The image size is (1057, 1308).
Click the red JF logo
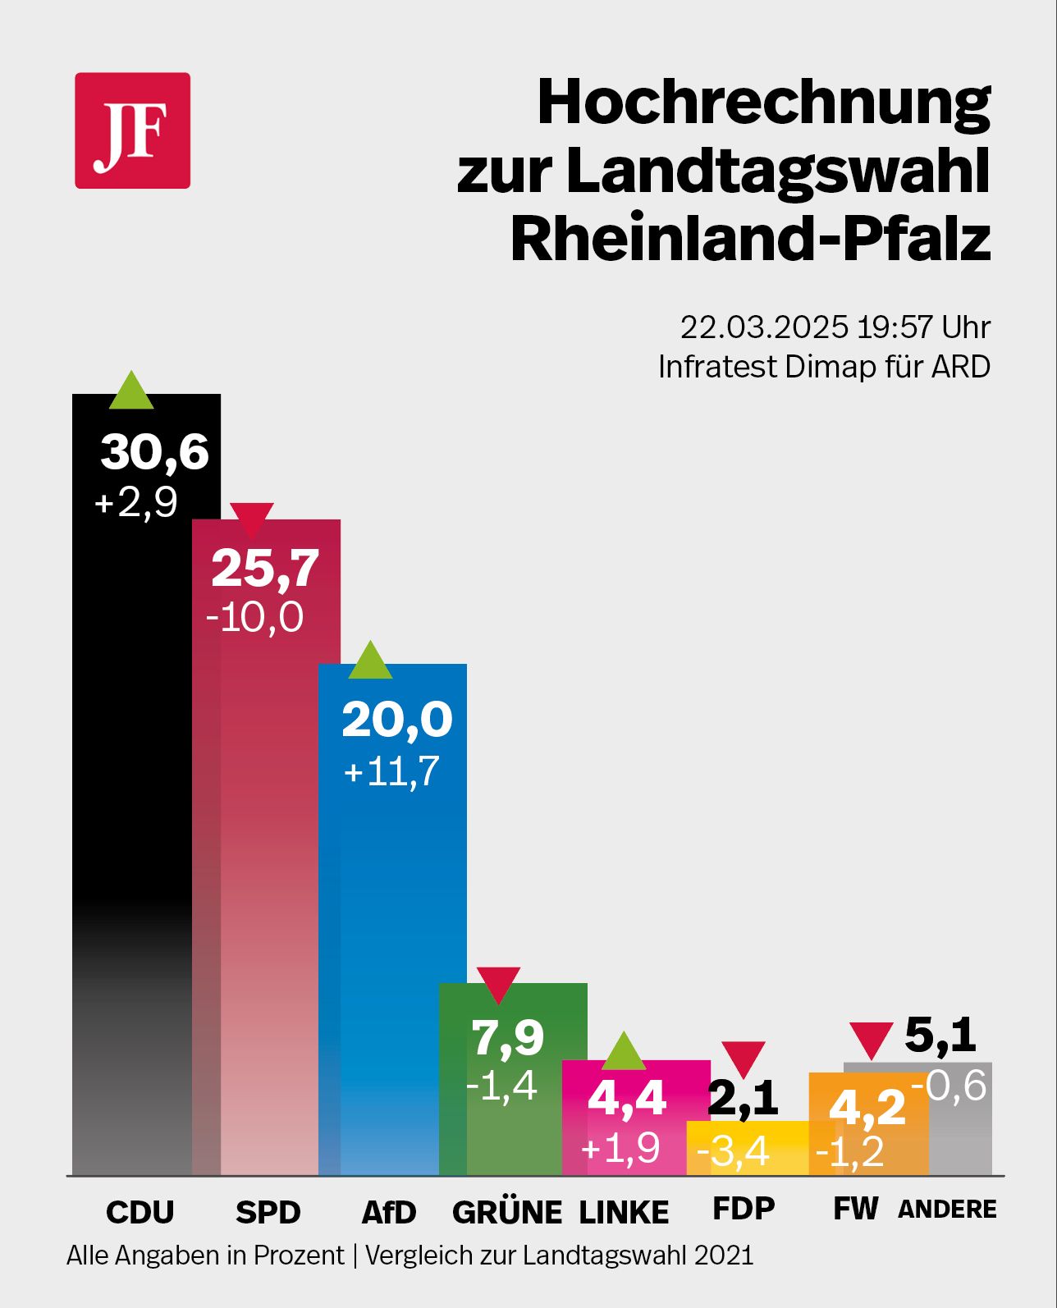tap(132, 130)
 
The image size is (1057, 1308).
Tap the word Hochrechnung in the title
tap(763, 103)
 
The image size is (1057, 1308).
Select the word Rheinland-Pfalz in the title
tap(750, 239)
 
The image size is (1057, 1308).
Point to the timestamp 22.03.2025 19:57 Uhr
tap(835, 327)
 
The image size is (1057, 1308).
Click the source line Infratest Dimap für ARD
tap(824, 367)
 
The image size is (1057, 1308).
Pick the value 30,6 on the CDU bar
tap(154, 452)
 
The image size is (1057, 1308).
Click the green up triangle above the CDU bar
tap(131, 391)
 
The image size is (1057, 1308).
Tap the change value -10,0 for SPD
tap(254, 617)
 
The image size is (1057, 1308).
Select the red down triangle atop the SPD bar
tap(251, 519)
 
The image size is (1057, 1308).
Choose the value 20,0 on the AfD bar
tap(396, 720)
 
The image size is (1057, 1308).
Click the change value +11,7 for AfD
tap(391, 771)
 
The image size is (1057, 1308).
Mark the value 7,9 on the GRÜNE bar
tap(507, 1037)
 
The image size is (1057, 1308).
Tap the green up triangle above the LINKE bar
tap(624, 1052)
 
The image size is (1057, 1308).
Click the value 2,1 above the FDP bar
tap(742, 1098)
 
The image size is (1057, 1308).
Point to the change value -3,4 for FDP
tap(733, 1151)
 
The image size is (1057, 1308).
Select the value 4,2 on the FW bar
tap(867, 1108)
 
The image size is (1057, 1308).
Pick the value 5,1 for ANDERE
tap(940, 1035)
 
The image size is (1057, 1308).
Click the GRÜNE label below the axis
tap(506, 1212)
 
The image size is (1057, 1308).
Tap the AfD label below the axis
tap(389, 1212)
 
